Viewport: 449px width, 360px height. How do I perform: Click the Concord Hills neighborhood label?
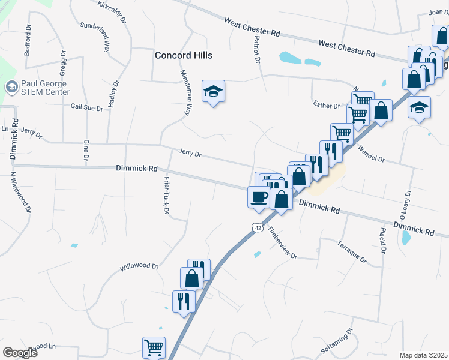click(x=184, y=55)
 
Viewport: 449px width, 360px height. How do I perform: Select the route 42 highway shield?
click(x=257, y=228)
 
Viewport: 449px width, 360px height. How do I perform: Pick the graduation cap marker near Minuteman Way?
click(x=212, y=92)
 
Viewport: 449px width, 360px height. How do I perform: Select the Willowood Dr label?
click(x=138, y=266)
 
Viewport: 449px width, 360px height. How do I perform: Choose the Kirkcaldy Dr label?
click(x=113, y=11)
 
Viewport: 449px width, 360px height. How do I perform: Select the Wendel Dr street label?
click(x=378, y=155)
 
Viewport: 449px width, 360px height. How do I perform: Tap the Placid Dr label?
click(x=382, y=240)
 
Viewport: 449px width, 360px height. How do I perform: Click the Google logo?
click(x=20, y=353)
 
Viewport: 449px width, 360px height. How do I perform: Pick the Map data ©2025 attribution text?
click(x=423, y=355)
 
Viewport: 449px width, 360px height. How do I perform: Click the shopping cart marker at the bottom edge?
click(x=154, y=347)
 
